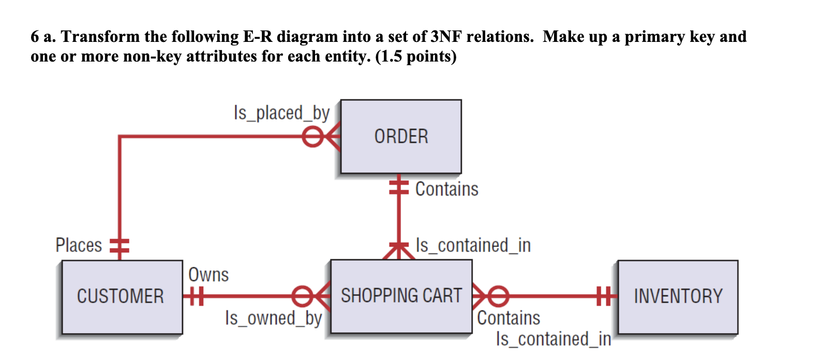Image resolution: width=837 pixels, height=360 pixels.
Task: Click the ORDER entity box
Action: (401, 137)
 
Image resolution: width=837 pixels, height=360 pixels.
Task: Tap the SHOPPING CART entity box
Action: (401, 296)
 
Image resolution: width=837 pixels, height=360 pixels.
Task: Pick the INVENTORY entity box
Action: (678, 297)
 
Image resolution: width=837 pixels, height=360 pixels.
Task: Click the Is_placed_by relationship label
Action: (281, 113)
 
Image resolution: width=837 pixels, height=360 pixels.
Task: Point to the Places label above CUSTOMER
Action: (79, 245)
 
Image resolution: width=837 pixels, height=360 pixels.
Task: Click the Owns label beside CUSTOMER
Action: (208, 275)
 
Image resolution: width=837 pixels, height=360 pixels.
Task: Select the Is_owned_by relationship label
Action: (273, 318)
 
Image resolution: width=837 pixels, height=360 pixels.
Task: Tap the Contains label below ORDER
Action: (446, 189)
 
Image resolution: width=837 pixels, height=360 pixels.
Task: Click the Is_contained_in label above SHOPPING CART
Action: (473, 245)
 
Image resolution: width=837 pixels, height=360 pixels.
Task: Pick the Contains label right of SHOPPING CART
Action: (509, 318)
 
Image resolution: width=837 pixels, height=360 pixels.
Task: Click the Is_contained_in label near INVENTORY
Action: (554, 339)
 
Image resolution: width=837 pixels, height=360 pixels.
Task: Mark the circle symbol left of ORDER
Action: (312, 137)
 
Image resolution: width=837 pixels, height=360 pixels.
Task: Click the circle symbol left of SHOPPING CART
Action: (302, 296)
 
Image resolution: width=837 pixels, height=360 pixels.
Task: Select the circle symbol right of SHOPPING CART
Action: (499, 296)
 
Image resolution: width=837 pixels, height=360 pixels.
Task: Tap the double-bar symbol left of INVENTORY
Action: (603, 296)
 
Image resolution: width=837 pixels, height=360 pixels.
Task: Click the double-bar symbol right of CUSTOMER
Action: (196, 296)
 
